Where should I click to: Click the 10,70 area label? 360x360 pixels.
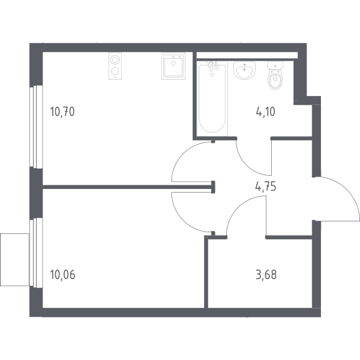click(62, 112)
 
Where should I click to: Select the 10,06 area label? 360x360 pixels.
click(62, 275)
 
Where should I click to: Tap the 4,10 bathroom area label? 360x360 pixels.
click(265, 112)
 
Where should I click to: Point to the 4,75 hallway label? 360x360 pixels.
click(266, 186)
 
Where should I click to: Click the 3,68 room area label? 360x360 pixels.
click(266, 275)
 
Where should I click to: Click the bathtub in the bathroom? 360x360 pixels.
click(212, 98)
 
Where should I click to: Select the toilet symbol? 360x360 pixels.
click(275, 75)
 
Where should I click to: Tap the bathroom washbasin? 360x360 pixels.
click(245, 70)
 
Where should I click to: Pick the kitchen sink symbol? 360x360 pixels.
click(173, 66)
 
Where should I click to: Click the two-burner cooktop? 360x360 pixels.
click(115, 66)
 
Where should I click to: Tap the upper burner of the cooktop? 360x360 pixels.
click(115, 60)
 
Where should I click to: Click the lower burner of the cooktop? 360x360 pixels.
click(115, 71)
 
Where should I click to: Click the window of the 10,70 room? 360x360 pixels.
click(36, 127)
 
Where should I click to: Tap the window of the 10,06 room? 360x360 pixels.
click(36, 253)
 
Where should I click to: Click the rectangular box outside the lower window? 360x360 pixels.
click(14, 260)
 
